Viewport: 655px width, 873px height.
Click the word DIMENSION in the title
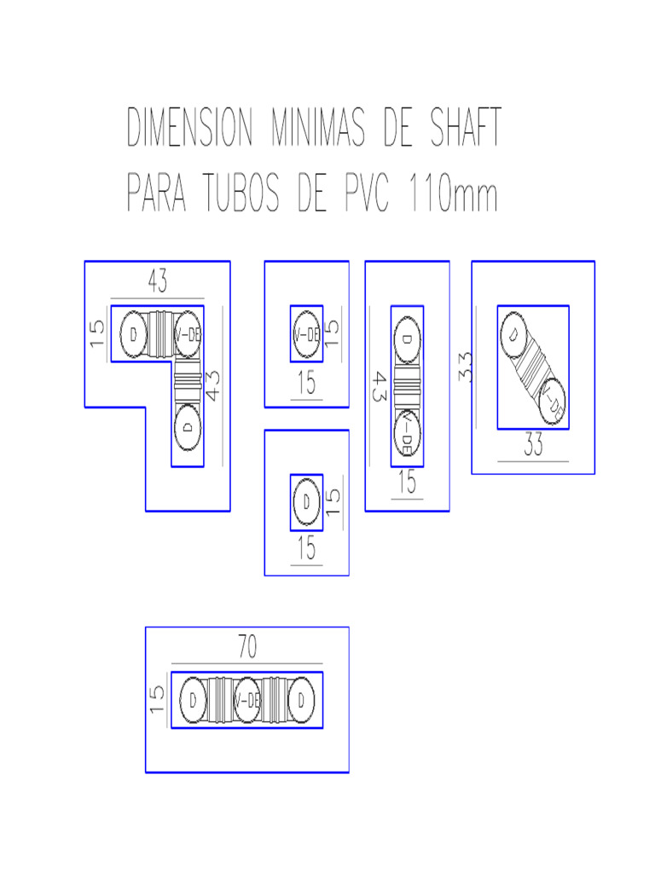coord(190,130)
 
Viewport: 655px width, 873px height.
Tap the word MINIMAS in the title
coord(317,130)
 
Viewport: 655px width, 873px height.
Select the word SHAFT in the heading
coord(455,130)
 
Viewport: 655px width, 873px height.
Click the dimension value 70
coord(246,649)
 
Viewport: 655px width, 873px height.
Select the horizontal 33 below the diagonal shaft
coord(533,446)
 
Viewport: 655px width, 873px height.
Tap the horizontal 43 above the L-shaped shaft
coord(157,280)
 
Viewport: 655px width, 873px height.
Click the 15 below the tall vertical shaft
coord(408,483)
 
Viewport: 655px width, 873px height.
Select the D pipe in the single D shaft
coord(306,502)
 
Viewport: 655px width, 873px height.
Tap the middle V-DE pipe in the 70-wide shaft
coord(247,700)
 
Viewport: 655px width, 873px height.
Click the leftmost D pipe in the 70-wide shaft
coord(194,700)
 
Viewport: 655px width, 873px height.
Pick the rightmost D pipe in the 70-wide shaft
coord(301,700)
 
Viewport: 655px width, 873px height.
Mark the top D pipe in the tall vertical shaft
coord(407,339)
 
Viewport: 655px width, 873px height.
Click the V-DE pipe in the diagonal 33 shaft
coord(554,398)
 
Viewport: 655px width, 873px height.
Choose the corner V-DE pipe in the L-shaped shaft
coord(187,334)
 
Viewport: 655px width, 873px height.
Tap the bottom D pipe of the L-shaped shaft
coord(188,425)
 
